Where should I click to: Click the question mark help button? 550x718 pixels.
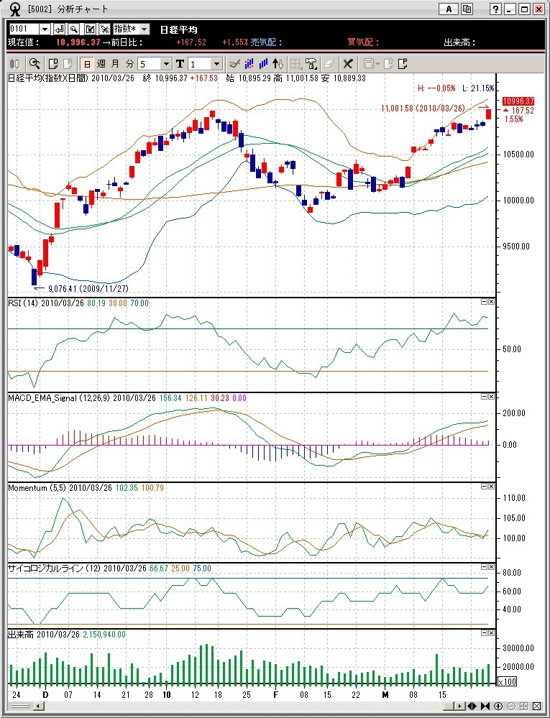coord(496,9)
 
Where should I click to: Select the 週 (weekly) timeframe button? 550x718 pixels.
coord(101,63)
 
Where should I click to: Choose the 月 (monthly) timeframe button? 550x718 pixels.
coord(116,63)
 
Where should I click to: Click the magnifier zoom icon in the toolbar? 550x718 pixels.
coord(35,63)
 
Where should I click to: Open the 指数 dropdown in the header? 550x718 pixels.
coord(132,29)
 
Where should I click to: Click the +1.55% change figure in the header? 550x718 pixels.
coord(235,42)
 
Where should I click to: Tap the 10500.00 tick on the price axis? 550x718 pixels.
coord(518,154)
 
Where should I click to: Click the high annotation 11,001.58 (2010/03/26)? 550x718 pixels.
coord(427,109)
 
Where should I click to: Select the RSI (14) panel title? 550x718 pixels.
coord(22,303)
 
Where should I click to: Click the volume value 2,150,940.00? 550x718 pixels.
coord(103,635)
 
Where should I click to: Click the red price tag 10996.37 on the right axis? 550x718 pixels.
coord(518,101)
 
